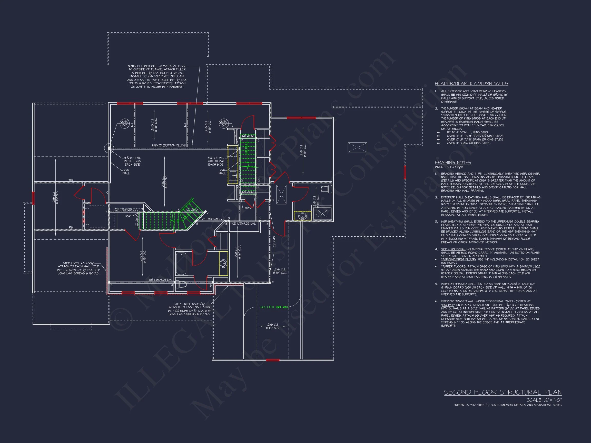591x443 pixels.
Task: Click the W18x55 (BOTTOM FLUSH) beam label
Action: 169,145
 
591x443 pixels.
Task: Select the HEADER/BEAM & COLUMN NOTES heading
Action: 471,84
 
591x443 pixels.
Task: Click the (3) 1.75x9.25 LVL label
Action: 161,280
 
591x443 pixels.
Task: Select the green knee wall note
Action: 274,307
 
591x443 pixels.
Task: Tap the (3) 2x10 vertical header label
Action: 274,241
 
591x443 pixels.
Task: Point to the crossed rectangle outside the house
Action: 357,147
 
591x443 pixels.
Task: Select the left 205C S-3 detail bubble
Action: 124,123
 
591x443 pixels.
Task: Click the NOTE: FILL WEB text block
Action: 157,76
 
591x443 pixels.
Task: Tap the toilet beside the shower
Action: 326,189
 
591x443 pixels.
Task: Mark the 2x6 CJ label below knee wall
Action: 272,326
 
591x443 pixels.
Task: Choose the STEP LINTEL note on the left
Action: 78,268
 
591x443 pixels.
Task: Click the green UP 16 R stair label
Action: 246,148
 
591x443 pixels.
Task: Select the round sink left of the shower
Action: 302,216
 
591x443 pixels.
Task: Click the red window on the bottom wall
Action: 273,360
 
